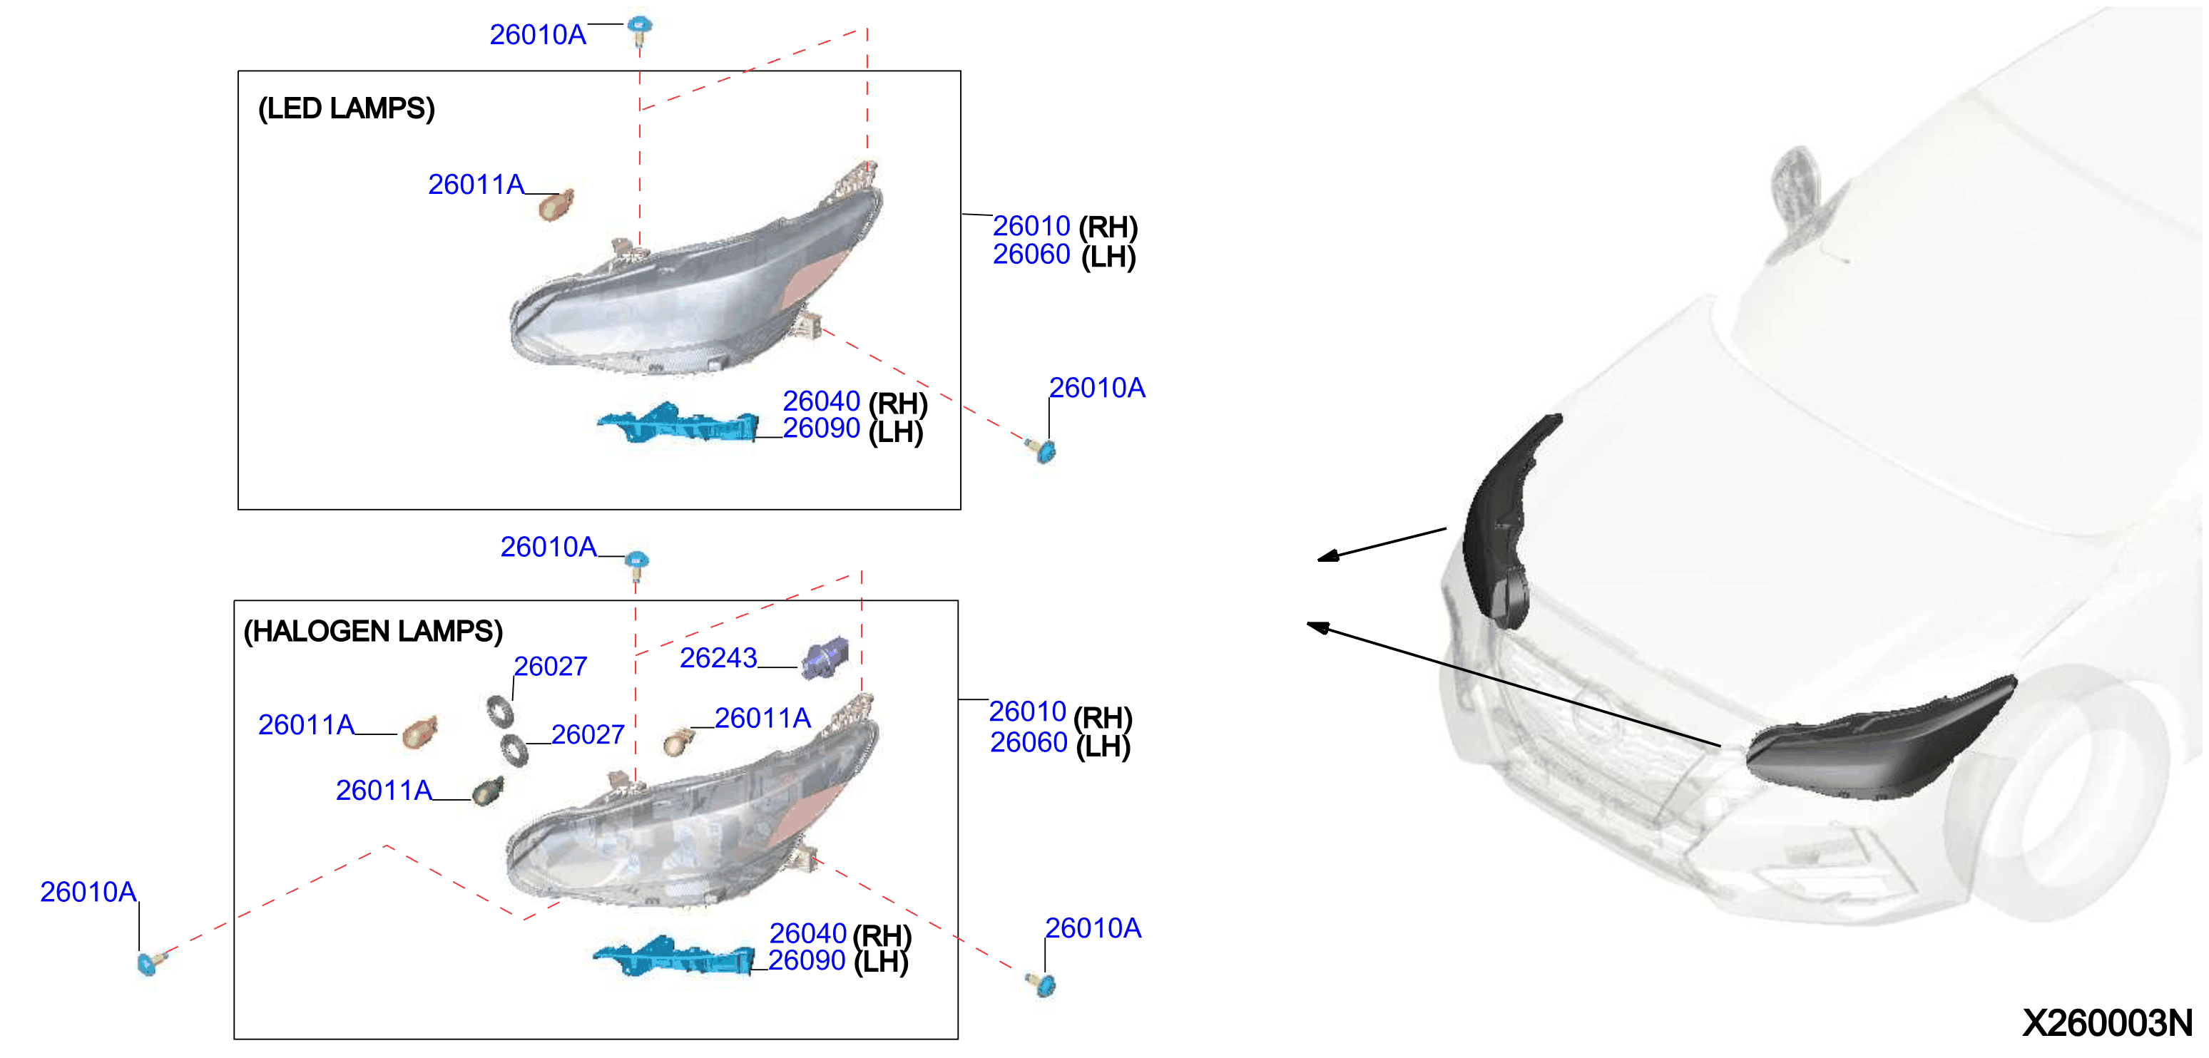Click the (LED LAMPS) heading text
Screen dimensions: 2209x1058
point(347,109)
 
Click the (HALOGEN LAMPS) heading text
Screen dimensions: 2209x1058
point(373,632)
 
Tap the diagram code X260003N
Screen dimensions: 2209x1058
point(2107,1023)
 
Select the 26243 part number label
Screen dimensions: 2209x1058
point(718,657)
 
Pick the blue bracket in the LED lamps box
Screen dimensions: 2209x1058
point(678,423)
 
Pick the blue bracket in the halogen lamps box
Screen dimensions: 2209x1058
point(674,956)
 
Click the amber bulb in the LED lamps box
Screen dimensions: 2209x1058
point(556,205)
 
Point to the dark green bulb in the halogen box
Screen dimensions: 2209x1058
point(488,791)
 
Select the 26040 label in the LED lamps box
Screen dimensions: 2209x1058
point(822,401)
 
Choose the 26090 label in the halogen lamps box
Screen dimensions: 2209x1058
point(807,960)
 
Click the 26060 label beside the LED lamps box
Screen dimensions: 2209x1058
point(1031,254)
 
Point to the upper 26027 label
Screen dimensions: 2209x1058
point(551,666)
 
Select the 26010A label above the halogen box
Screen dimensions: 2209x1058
point(549,547)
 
